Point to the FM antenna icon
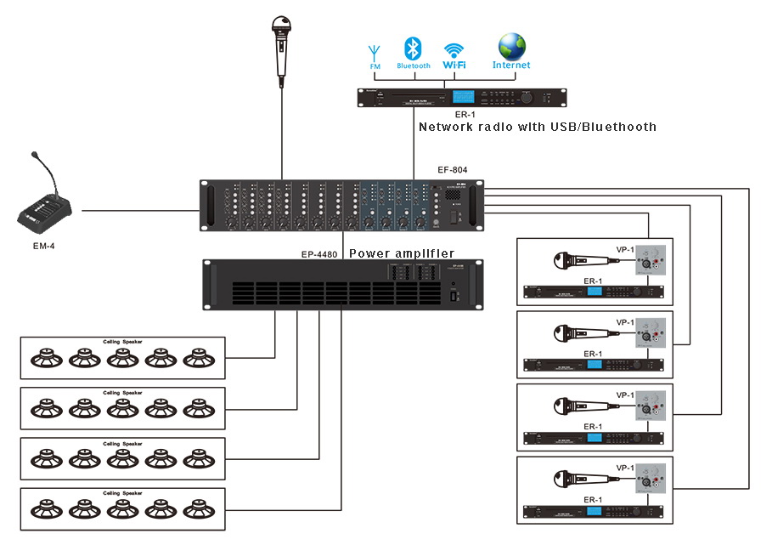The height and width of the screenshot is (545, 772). pyautogui.click(x=375, y=53)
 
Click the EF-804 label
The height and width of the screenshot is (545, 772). pyautogui.click(x=453, y=170)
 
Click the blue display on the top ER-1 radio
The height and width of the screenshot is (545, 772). pyautogui.click(x=464, y=98)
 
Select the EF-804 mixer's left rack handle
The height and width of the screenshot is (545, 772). pyautogui.click(x=206, y=206)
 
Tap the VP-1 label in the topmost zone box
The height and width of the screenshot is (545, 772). pyautogui.click(x=624, y=250)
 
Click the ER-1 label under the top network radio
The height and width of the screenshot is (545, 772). pyautogui.click(x=463, y=114)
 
